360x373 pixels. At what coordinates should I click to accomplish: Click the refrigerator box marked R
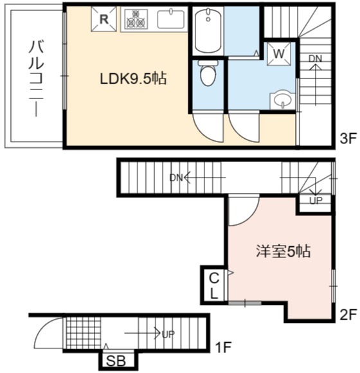(104, 19)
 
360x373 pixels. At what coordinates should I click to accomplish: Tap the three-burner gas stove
(136, 19)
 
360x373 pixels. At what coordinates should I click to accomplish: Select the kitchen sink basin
(171, 19)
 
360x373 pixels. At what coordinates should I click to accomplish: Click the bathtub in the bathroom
(208, 30)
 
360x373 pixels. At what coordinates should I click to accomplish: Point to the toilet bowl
(208, 73)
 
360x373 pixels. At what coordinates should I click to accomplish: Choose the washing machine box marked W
(279, 54)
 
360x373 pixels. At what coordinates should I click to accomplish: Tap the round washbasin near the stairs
(283, 99)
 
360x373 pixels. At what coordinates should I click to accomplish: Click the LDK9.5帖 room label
(133, 78)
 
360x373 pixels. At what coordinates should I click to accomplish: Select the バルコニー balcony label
(36, 79)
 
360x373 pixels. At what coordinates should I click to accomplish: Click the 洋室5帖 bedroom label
(283, 251)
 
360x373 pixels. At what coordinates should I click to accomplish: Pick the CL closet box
(214, 286)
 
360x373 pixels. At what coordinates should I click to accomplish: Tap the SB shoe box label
(116, 361)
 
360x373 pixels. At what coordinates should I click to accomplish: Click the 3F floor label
(348, 139)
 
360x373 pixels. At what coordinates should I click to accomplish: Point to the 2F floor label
(348, 315)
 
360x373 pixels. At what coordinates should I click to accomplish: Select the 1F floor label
(223, 347)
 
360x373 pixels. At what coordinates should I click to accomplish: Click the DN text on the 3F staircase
(315, 59)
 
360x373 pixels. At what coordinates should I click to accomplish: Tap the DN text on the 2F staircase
(175, 177)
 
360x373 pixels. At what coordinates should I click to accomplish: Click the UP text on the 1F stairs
(168, 334)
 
